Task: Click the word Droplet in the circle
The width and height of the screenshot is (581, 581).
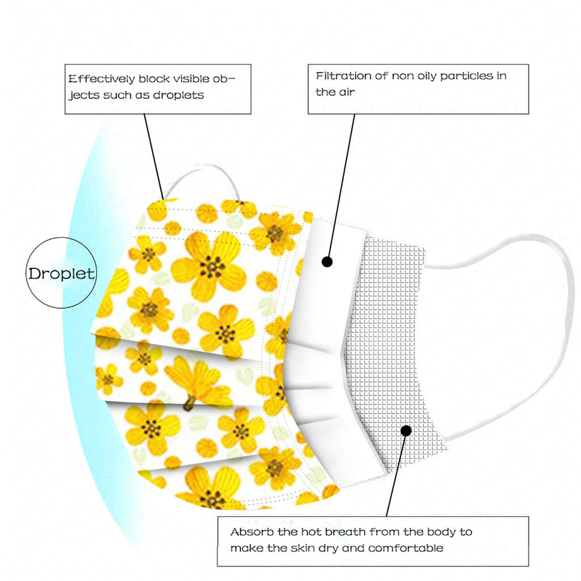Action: coord(61,274)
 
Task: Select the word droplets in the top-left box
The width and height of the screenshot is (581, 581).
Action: coord(178,95)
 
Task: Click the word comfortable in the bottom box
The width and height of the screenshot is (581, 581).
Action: coord(406,548)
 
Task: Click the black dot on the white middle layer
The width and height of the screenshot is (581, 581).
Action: coord(327,261)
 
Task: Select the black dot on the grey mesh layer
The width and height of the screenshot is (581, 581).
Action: coord(406,431)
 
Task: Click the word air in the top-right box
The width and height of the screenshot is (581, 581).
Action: coord(347,92)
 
